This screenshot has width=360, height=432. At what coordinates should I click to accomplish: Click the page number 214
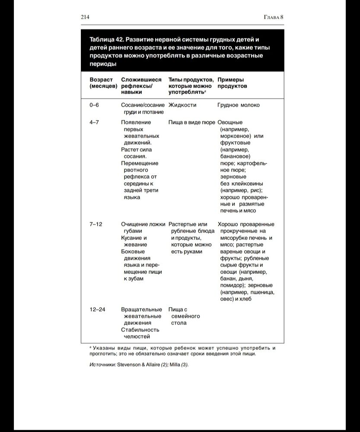pyautogui.click(x=85, y=17)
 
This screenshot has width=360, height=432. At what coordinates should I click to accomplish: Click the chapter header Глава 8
pyautogui.click(x=273, y=17)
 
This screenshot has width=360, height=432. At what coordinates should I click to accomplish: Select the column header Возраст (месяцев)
pyautogui.click(x=103, y=83)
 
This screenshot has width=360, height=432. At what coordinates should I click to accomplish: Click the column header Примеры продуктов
pyautogui.click(x=233, y=83)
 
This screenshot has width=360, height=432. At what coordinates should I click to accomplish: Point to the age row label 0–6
pyautogui.click(x=94, y=105)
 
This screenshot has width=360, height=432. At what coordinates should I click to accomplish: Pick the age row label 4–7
pyautogui.click(x=94, y=122)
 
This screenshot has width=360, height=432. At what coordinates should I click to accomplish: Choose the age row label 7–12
pyautogui.click(x=96, y=224)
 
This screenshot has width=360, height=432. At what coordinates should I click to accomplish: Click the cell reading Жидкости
pyautogui.click(x=182, y=105)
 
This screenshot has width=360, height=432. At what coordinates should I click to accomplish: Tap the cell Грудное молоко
pyautogui.click(x=239, y=105)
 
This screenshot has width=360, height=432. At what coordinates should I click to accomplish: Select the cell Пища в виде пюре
pyautogui.click(x=191, y=122)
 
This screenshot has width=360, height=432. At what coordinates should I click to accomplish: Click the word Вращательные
pyautogui.click(x=141, y=309)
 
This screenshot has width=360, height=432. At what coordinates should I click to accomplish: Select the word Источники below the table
pyautogui.click(x=102, y=364)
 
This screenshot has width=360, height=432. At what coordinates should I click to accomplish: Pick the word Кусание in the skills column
pyautogui.click(x=134, y=238)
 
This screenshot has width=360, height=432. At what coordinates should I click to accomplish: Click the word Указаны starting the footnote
pyautogui.click(x=105, y=348)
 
